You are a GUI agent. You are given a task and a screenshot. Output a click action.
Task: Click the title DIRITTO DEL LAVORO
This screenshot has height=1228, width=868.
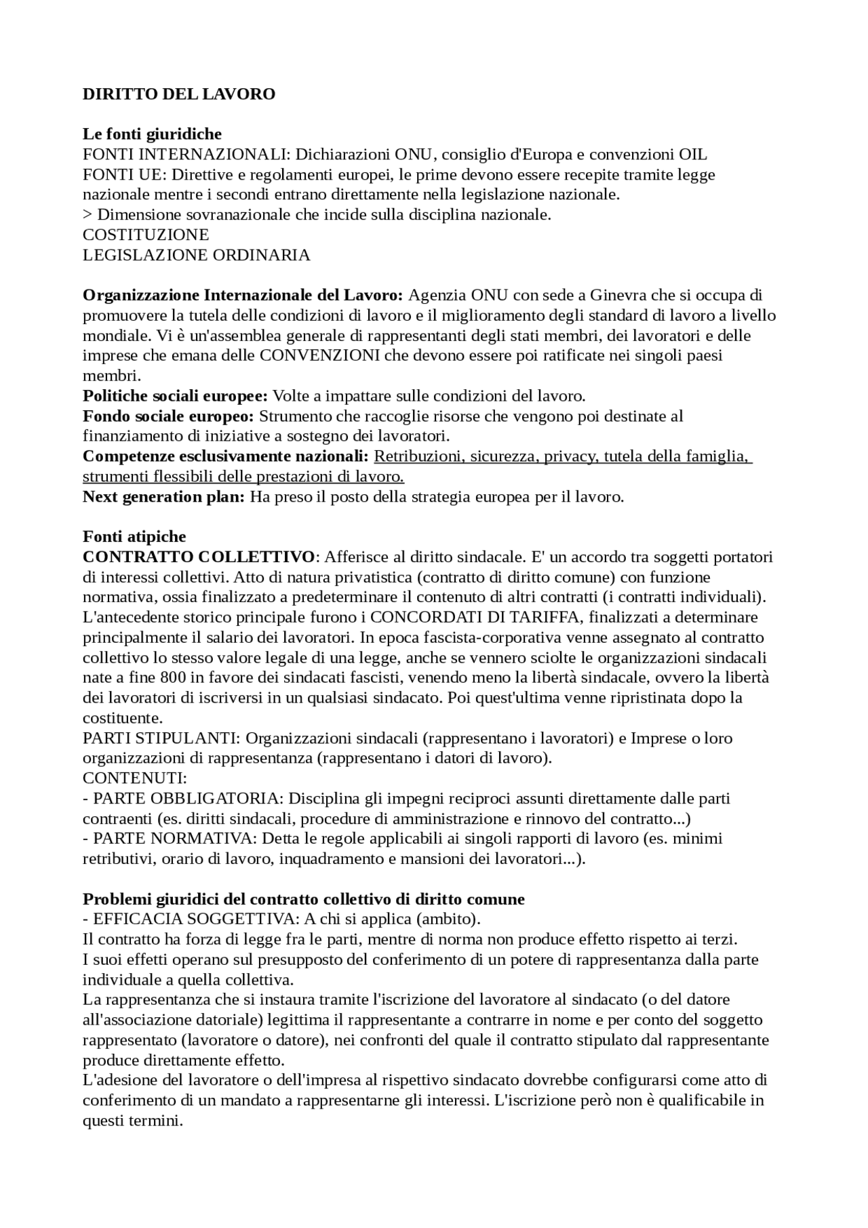(x=179, y=94)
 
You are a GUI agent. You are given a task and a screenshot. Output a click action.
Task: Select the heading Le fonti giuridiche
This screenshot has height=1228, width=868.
(x=152, y=134)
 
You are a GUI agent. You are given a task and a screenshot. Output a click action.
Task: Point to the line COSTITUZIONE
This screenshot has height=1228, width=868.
(x=146, y=235)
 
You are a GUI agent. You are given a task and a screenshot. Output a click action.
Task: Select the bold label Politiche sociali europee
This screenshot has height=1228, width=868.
(x=175, y=396)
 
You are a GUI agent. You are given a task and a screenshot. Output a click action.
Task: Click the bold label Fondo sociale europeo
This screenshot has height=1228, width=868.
(x=168, y=416)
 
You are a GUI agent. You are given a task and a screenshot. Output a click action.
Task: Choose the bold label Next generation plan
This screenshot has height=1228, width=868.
(x=163, y=496)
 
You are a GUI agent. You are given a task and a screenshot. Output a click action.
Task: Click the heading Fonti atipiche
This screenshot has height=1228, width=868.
(x=134, y=537)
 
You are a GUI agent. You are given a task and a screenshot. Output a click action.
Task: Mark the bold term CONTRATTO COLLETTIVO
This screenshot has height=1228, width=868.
(x=199, y=557)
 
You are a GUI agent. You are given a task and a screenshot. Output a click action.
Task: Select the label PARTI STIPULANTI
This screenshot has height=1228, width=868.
(x=159, y=738)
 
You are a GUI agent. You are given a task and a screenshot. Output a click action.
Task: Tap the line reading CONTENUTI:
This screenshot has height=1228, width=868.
(x=135, y=778)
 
